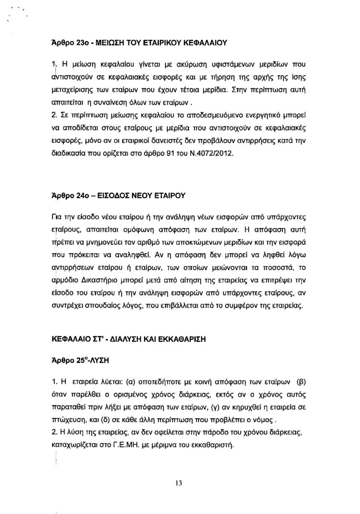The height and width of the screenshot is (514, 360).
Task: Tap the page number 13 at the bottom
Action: click(179, 483)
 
